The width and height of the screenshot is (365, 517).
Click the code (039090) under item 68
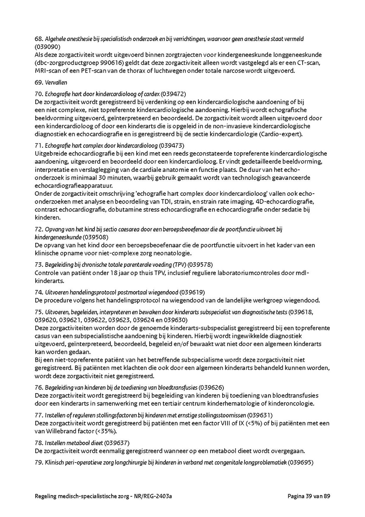pos(48,47)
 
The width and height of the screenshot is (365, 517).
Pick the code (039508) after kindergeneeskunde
pos(96,237)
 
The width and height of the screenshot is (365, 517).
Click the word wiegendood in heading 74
pos(164,292)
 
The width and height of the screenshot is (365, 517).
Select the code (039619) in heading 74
pos(192,292)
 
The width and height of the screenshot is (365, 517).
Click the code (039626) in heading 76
pos(211,387)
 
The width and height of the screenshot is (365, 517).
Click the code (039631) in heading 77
pos(260,415)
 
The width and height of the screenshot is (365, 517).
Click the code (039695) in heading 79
pos(301,463)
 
